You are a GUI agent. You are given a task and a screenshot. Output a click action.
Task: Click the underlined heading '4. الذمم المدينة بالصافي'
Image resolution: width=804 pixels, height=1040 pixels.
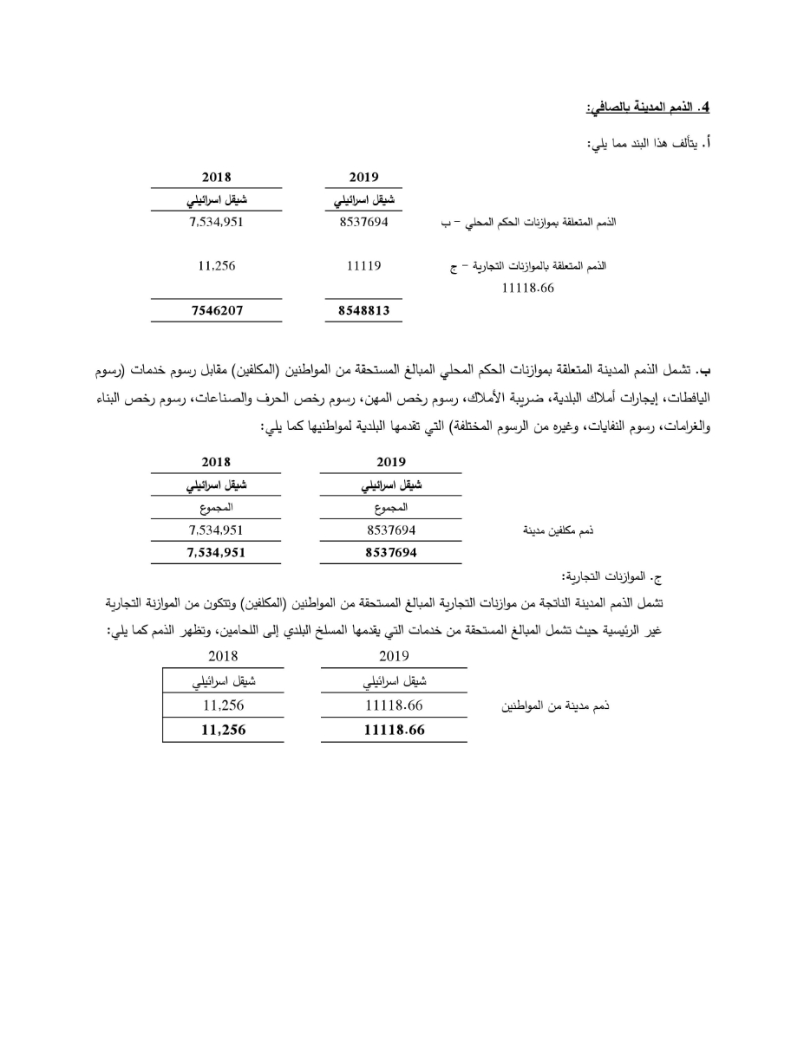click(648, 107)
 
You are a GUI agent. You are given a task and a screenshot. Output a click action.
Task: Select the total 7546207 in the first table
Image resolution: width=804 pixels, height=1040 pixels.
click(217, 310)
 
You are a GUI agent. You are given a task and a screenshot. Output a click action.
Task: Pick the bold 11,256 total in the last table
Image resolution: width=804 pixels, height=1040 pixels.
click(223, 730)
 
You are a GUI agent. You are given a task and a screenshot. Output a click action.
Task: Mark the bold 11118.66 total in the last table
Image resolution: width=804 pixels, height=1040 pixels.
click(394, 730)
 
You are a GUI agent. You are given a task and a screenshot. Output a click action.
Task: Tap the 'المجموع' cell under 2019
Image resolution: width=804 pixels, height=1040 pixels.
click(390, 508)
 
